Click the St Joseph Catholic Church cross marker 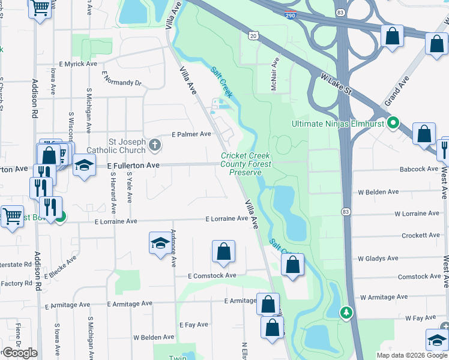click(155, 144)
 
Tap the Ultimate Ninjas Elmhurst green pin click(393, 124)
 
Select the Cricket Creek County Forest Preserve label click(246, 164)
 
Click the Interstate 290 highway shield click(290, 14)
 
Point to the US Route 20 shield click(254, 37)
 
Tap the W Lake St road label click(340, 85)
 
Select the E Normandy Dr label click(121, 78)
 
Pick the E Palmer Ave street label click(191, 134)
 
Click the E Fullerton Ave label click(133, 164)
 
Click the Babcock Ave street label click(419, 170)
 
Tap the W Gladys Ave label click(378, 259)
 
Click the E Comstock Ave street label click(211, 276)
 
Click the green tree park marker click(346, 312)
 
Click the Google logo click(20, 353)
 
